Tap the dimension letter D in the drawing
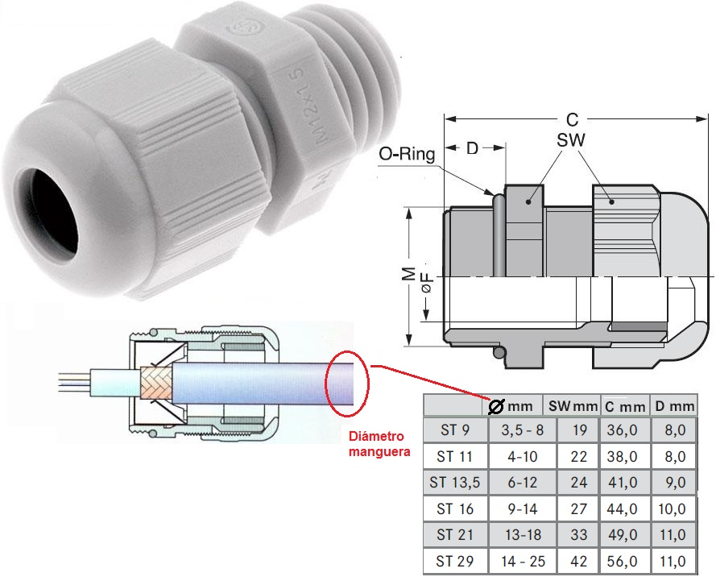pyautogui.click(x=474, y=149)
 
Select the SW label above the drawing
pyautogui.click(x=570, y=140)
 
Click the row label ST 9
pyautogui.click(x=455, y=430)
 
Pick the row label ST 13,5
pyautogui.click(x=455, y=483)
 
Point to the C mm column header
pyautogui.click(x=624, y=406)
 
